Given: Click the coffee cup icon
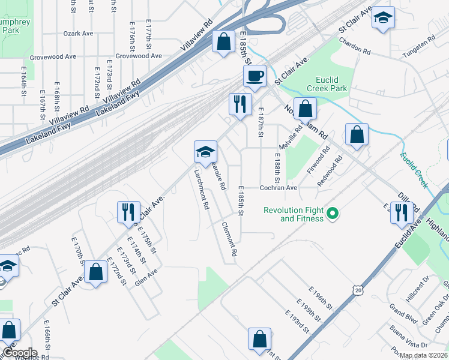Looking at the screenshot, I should (x=255, y=76).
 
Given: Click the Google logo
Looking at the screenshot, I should (x=19, y=353).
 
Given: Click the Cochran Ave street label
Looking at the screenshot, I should (x=279, y=188).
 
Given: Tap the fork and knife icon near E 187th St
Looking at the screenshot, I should (x=239, y=104).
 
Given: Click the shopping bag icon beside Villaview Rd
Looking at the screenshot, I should (x=223, y=42).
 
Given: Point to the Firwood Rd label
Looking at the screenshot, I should (x=325, y=158).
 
